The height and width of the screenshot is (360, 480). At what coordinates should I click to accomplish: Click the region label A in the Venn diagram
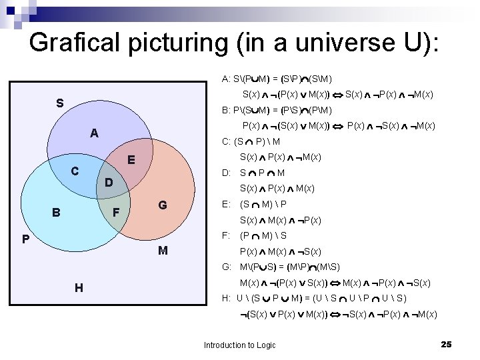[95, 133]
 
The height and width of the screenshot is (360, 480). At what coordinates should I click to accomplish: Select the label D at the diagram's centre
[110, 182]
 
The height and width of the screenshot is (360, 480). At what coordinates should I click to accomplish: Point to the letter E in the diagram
[131, 160]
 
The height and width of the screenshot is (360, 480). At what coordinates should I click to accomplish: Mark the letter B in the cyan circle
[57, 213]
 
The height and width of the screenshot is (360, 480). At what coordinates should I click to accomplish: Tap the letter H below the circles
[79, 287]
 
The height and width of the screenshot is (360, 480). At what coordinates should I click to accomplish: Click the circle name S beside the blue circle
[60, 103]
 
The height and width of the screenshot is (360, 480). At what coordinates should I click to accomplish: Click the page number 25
[446, 344]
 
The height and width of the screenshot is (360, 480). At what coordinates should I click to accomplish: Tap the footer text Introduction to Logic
[239, 345]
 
